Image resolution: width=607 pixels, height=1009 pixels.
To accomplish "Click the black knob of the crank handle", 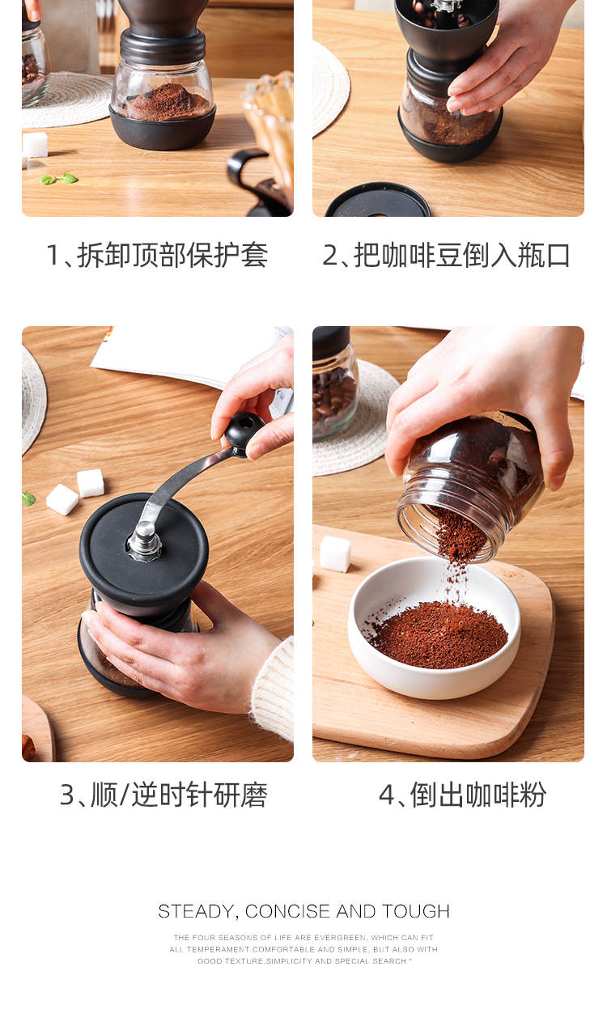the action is coord(244,430).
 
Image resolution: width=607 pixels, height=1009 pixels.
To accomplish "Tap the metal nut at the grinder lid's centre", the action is coord(145,541).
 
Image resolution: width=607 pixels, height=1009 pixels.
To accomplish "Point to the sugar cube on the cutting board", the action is coord(335,553).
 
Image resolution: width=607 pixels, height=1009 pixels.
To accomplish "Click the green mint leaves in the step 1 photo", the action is coord(58,179).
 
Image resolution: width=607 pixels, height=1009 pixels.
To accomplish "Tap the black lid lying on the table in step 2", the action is coord(378,201).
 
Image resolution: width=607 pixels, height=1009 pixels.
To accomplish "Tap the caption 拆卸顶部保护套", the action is coord(172,255).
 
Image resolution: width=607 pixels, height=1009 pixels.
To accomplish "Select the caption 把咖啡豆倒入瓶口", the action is coord(462,255).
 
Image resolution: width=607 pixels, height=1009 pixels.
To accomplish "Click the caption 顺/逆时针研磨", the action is coord(180,795).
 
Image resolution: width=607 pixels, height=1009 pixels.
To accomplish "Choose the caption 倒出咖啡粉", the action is coord(478,795).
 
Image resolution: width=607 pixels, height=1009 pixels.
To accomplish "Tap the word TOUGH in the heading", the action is coord(415,911).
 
